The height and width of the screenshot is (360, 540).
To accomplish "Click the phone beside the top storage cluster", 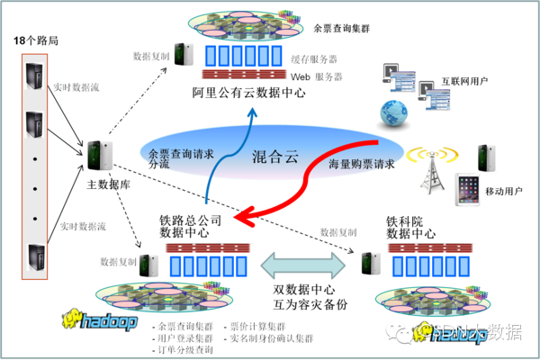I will coord(184,53).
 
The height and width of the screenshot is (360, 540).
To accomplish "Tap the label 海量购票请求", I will coord(361,165).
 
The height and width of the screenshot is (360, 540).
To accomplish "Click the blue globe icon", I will coord(392,113).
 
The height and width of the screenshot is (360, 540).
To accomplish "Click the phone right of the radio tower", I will coord(487,156).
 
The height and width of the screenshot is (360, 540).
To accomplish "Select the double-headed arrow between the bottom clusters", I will coord(303,265).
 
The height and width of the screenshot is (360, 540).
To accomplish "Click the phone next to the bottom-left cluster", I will coord(148,265).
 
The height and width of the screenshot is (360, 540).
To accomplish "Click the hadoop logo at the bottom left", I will coord(99,319).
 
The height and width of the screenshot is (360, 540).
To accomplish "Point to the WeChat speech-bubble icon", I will coord(396,331).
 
